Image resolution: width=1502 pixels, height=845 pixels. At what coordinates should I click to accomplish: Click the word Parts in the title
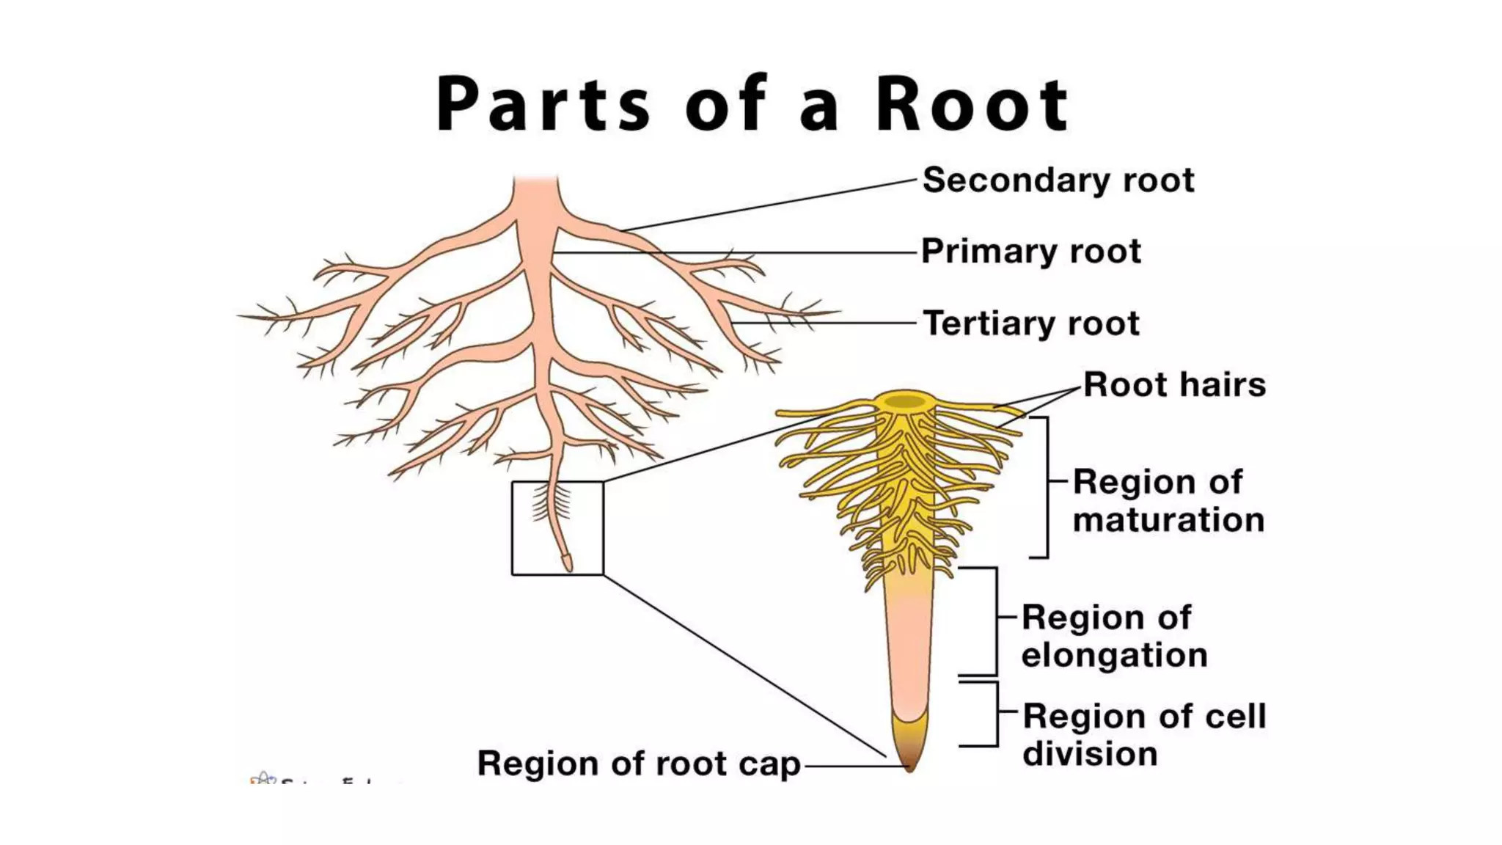pyautogui.click(x=543, y=105)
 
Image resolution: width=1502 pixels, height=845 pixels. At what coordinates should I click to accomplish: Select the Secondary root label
pyautogui.click(x=1058, y=180)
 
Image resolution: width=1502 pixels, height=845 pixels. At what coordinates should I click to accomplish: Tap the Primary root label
pyautogui.click(x=1030, y=252)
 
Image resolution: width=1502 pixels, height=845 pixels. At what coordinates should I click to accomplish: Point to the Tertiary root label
pyautogui.click(x=1030, y=323)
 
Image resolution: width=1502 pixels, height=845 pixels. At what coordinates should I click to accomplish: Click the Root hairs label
pyautogui.click(x=1174, y=385)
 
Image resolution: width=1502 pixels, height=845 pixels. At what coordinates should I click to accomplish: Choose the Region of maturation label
pyautogui.click(x=1168, y=501)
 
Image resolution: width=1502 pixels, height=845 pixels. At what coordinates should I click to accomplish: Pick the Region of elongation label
pyautogui.click(x=1113, y=637)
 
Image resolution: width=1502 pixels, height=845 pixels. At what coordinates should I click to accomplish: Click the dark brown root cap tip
pyautogui.click(x=909, y=763)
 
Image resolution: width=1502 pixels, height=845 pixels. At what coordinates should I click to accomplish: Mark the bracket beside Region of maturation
pyautogui.click(x=1047, y=487)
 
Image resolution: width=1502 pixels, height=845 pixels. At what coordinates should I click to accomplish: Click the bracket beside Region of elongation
pyautogui.click(x=996, y=621)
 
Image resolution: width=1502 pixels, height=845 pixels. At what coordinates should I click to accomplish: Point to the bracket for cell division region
pyautogui.click(x=997, y=714)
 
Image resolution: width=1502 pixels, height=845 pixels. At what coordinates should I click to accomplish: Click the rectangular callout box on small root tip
pyautogui.click(x=513, y=528)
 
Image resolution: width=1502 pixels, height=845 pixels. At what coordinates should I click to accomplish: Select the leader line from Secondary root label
pyautogui.click(x=770, y=205)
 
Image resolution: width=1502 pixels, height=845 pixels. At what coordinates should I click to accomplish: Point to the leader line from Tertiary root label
pyautogui.click(x=821, y=323)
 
